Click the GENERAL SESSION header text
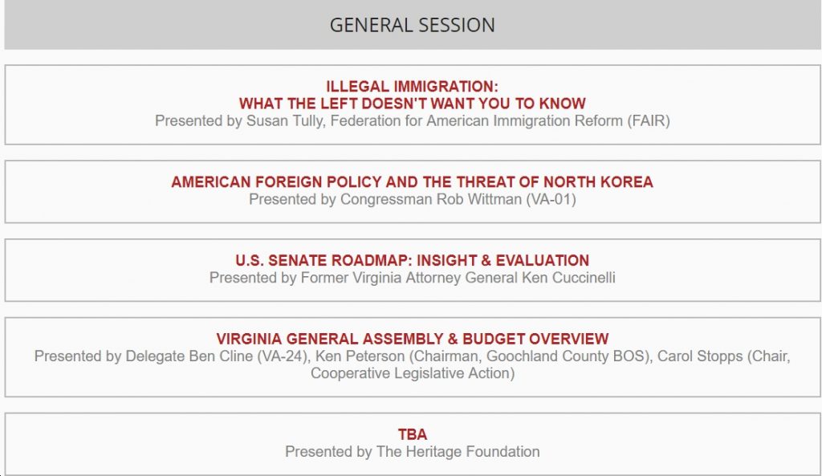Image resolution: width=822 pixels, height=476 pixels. coord(412,25)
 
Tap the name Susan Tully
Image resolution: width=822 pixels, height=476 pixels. coord(285,121)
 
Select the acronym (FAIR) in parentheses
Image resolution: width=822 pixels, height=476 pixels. coord(649,121)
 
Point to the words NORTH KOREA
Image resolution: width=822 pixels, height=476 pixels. coord(598,182)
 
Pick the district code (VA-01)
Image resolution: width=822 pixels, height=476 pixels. coord(551,200)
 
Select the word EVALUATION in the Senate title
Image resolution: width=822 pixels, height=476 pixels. coord(543,261)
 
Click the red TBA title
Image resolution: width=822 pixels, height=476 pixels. coord(413,434)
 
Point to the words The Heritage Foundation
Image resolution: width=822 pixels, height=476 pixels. coord(458,452)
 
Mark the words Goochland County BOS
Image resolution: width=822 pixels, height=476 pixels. coord(566,356)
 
